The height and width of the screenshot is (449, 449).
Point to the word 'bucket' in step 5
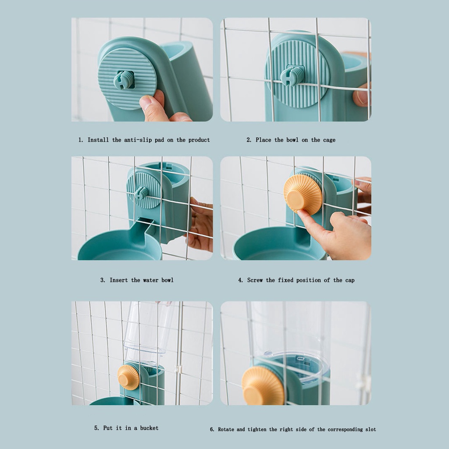coord(149,428)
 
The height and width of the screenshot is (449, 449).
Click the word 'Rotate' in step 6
coord(227,429)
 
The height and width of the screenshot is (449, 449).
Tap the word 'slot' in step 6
coord(371,429)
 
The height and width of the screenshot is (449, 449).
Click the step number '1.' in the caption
coord(81,140)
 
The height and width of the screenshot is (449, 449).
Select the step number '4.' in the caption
coord(241,280)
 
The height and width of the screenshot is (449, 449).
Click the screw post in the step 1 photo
coord(124,80)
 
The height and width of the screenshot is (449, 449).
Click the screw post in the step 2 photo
coord(292,75)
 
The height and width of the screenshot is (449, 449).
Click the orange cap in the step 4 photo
coord(303,195)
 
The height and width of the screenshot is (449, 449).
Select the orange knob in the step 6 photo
coord(263,385)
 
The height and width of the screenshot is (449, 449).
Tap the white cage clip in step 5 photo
coord(178,369)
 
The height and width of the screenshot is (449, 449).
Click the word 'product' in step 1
coord(199,140)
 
